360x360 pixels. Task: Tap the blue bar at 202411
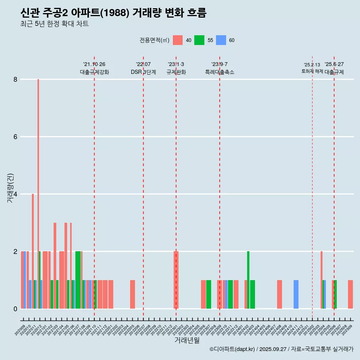click(x=296, y=294)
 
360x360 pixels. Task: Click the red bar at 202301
click(x=176, y=280)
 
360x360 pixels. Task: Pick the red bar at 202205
click(x=132, y=294)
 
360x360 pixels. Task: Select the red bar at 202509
click(x=350, y=294)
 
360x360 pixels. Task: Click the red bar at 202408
click(x=279, y=294)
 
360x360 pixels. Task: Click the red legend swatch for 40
click(x=178, y=40)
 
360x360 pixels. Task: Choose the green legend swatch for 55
click(x=199, y=40)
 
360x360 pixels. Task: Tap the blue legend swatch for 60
click(x=221, y=40)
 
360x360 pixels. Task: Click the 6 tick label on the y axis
click(x=15, y=137)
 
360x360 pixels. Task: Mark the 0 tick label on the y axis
click(x=15, y=309)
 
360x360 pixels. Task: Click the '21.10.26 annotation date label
click(x=94, y=64)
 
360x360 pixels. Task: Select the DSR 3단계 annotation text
click(x=143, y=72)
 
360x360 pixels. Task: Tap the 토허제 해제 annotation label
click(x=312, y=71)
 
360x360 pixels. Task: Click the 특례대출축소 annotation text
click(x=220, y=72)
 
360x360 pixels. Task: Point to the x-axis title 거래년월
click(x=187, y=340)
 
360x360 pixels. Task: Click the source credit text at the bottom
click(x=281, y=349)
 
